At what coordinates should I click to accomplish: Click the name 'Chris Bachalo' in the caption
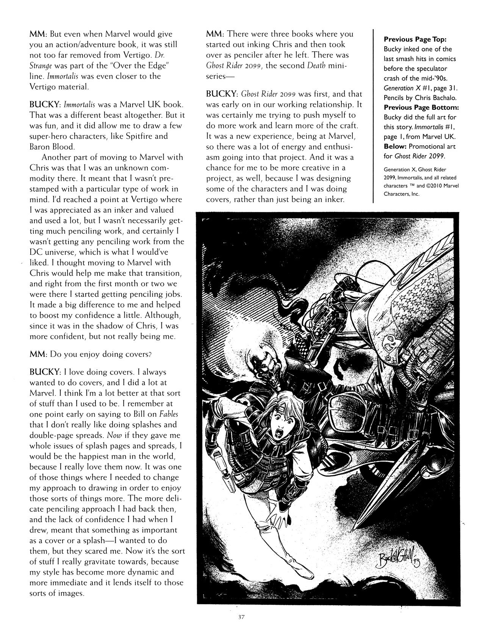tap(437, 98)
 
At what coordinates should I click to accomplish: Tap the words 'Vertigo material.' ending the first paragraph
tap(59, 86)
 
